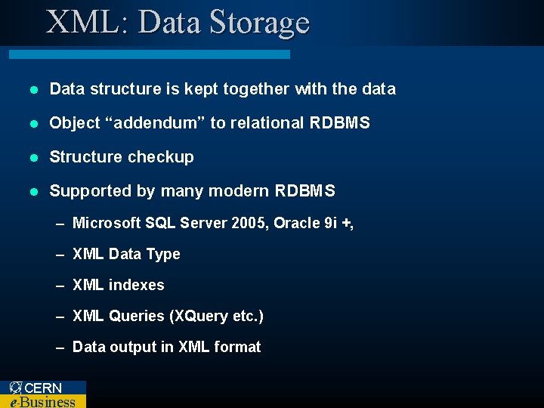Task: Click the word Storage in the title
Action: click(259, 23)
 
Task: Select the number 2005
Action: click(249, 224)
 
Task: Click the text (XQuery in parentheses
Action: click(198, 317)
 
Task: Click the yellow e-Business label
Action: click(42, 401)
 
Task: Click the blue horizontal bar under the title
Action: click(149, 54)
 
